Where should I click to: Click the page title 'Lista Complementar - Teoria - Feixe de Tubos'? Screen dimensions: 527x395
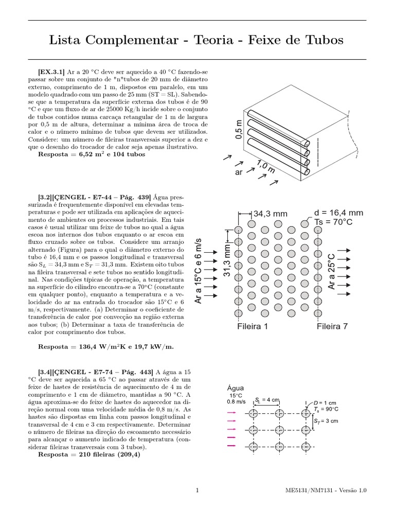[197, 40]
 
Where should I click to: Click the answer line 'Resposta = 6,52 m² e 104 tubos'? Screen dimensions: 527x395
[92, 154]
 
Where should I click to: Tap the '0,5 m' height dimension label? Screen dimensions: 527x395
[238, 129]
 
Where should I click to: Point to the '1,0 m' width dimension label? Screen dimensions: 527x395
[265, 166]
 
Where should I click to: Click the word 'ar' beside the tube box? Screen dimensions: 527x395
[238, 172]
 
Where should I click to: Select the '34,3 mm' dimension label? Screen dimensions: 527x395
[271, 214]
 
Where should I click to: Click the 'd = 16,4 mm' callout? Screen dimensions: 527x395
[338, 213]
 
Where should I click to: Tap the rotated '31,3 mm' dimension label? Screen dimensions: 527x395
[227, 261]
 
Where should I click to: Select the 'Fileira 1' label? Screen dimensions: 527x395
[253, 326]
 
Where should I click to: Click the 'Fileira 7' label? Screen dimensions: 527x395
[332, 326]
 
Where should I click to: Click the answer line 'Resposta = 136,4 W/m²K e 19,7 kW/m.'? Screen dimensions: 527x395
[106, 347]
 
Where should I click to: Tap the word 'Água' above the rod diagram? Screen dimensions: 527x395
[235, 388]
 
